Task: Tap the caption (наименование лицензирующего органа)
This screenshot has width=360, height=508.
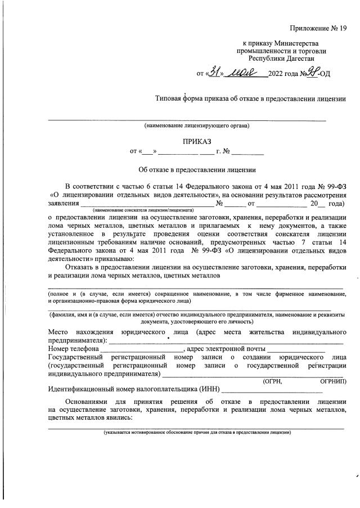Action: (x=196, y=125)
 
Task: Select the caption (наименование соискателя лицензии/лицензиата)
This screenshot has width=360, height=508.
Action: (x=143, y=209)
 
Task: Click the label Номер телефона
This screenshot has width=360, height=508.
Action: (x=74, y=349)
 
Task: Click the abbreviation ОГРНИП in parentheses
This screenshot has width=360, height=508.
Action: (x=332, y=381)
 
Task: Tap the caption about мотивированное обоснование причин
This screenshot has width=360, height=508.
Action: (x=196, y=433)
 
